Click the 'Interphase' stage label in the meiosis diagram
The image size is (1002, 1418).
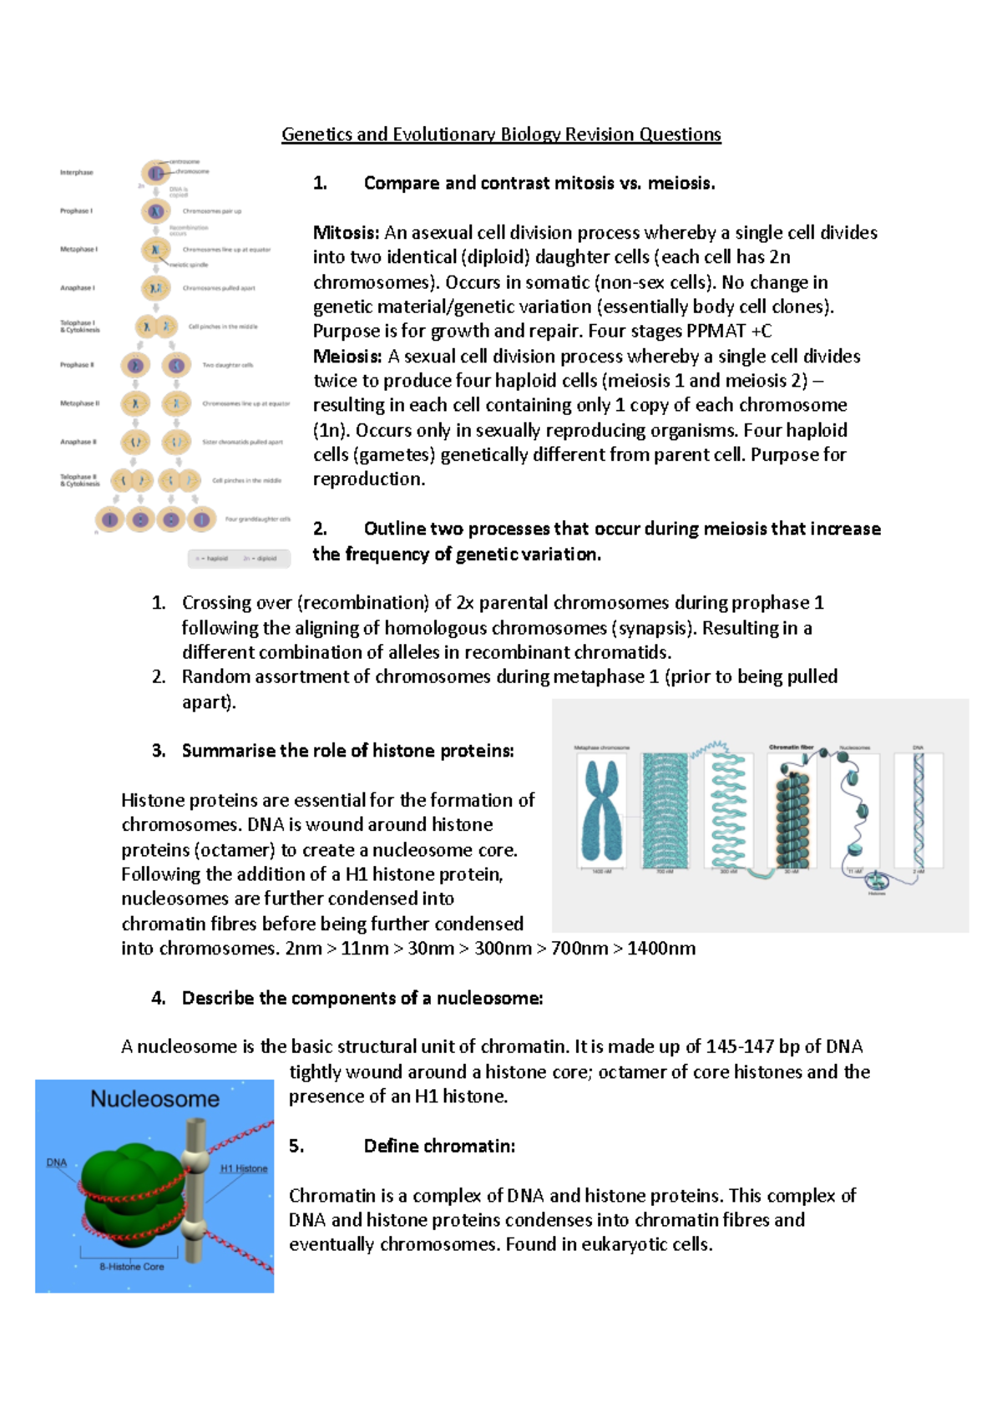coord(76,173)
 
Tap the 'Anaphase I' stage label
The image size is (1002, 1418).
coord(77,288)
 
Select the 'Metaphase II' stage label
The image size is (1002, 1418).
coord(79,403)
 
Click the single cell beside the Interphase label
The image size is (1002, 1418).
coord(155,173)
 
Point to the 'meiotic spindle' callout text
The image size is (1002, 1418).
coord(189,265)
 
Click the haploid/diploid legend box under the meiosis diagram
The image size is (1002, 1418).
coord(239,558)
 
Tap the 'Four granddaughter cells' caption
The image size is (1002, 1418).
coord(257,519)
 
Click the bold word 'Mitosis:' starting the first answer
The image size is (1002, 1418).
coord(346,233)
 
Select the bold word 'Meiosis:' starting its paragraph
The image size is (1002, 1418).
coord(347,357)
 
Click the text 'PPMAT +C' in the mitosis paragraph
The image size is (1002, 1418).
coord(728,332)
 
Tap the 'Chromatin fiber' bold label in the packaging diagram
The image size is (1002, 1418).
coord(791,747)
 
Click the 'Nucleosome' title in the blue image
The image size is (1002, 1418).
coord(154,1099)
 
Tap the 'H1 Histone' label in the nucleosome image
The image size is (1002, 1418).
coord(244,1168)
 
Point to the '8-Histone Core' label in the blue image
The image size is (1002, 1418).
coord(132,1267)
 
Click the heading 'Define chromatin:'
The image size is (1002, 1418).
coord(439,1147)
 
